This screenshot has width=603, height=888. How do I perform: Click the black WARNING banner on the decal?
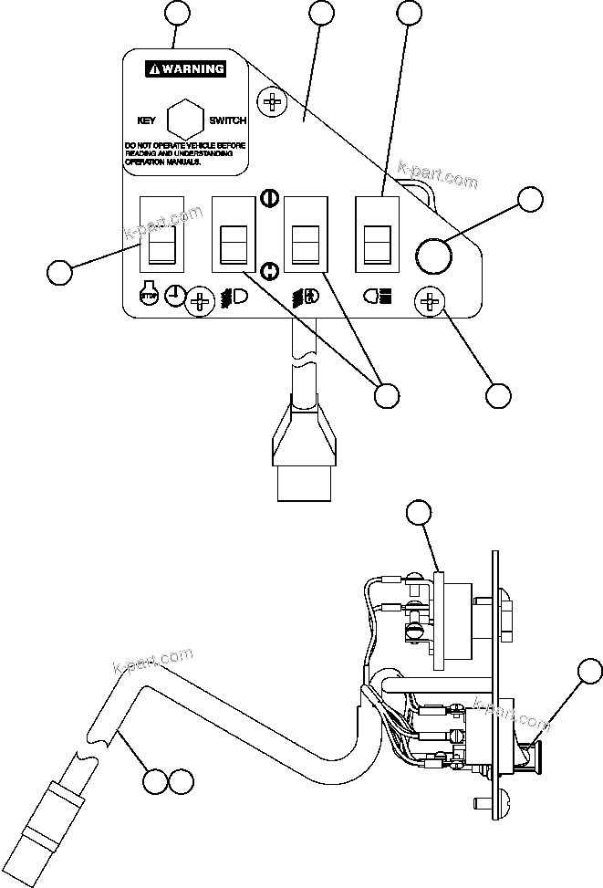pos(187,68)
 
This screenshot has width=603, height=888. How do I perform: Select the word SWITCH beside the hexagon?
pos(227,120)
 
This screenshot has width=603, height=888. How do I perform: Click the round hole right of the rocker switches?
pos(433,256)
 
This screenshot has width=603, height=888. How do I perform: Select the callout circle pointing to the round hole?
pos(529,201)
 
